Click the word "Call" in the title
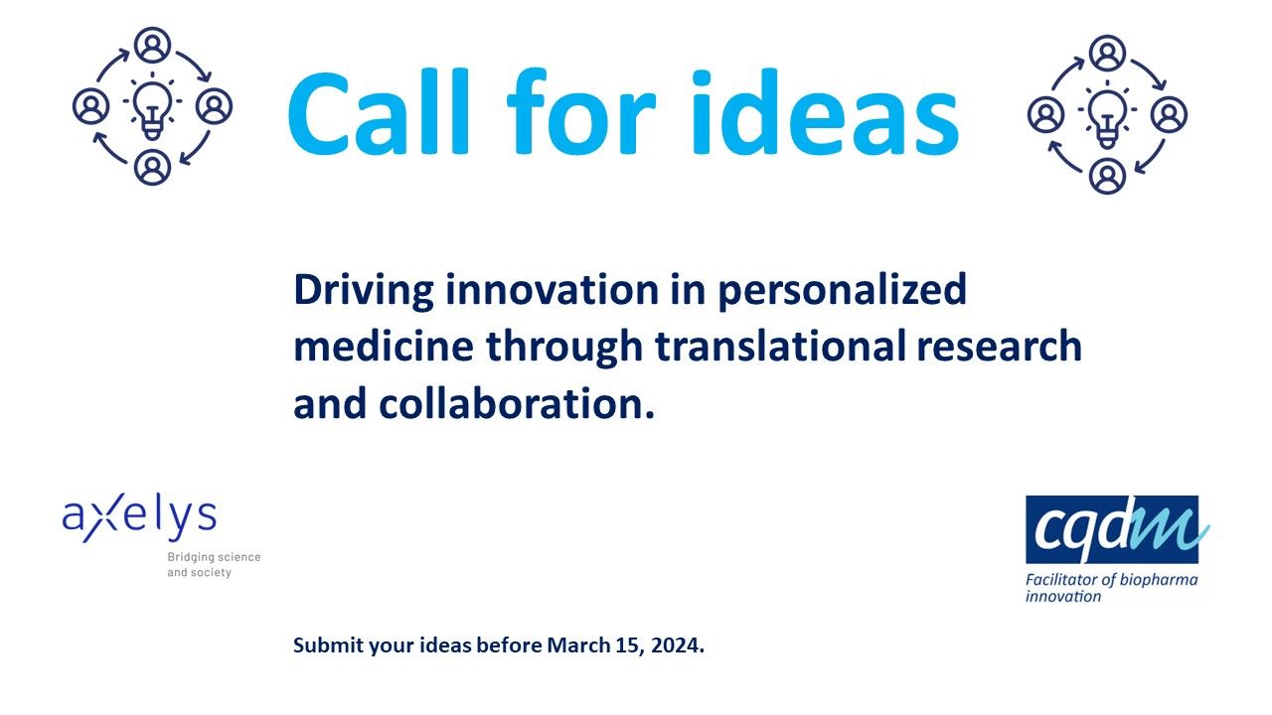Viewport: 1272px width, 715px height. tap(380, 112)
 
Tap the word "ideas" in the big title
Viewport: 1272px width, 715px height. tap(825, 112)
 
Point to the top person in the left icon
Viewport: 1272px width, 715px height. tap(152, 45)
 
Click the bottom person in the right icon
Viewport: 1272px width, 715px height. tap(1107, 176)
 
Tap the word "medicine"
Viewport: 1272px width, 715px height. tap(384, 347)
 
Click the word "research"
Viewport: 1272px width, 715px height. tap(1000, 347)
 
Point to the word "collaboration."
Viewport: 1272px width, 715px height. tap(517, 403)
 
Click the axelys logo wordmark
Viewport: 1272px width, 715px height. tap(139, 518)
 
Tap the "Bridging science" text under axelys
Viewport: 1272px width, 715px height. tap(214, 557)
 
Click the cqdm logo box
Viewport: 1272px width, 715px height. tap(1112, 529)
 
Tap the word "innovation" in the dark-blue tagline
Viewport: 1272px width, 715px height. tap(551, 290)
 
